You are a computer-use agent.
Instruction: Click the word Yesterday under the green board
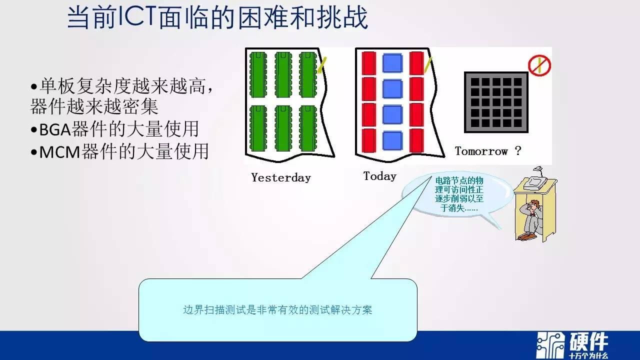click(281, 177)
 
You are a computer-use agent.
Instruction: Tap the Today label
click(379, 176)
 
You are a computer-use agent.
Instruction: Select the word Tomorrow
click(481, 151)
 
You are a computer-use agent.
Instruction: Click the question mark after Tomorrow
click(518, 150)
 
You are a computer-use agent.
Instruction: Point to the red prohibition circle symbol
click(539, 65)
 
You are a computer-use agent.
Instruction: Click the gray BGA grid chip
click(496, 102)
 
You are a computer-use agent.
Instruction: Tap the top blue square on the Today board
click(392, 63)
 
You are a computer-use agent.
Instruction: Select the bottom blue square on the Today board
click(392, 140)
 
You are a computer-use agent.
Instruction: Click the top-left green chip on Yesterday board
click(258, 75)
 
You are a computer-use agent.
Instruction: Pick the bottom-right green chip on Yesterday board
click(308, 128)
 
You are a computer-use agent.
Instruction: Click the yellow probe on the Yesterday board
click(322, 65)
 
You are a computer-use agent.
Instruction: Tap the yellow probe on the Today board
click(427, 65)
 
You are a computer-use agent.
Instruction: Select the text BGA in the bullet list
click(55, 129)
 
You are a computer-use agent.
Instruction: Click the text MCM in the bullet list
click(59, 152)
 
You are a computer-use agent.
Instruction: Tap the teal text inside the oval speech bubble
click(459, 194)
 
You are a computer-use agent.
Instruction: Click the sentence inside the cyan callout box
click(277, 310)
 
